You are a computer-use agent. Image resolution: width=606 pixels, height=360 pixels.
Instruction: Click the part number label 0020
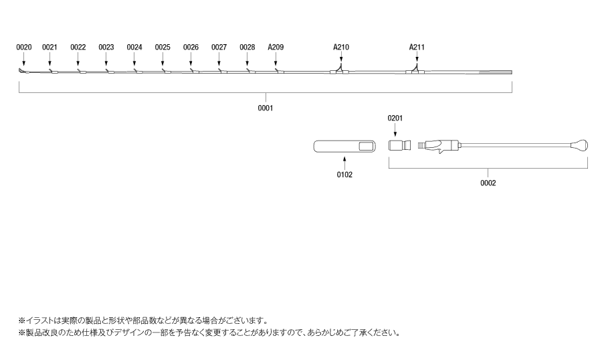pos(24,48)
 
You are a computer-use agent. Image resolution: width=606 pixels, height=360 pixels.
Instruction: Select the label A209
pos(276,48)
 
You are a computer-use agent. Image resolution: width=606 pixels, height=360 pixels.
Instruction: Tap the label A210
pos(341,48)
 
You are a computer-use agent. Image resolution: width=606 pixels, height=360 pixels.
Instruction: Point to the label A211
pos(417,48)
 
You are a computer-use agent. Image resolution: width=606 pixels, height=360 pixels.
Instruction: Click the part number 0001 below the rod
pos(266,108)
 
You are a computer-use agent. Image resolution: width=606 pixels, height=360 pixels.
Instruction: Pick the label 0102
pos(344,175)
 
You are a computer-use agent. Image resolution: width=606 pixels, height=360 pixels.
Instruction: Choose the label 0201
pos(395,118)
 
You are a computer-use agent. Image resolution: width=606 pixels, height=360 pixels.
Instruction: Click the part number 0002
pos(488,183)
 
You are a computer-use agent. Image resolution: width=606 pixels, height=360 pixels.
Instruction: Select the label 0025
pos(163,48)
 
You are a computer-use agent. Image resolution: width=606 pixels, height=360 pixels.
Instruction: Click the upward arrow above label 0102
pos(344,163)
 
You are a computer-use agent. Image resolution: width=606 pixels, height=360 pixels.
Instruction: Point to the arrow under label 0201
pos(395,130)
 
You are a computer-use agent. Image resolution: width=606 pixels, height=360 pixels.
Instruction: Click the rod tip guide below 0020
pos(23,71)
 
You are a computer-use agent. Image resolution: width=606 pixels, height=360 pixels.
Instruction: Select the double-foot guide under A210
pos(339,70)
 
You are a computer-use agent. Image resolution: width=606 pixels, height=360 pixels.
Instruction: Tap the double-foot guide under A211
pos(415,70)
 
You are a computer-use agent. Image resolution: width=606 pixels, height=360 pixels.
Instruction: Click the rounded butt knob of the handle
pos(580,146)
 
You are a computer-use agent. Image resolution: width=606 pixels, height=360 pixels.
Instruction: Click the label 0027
pos(219,48)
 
